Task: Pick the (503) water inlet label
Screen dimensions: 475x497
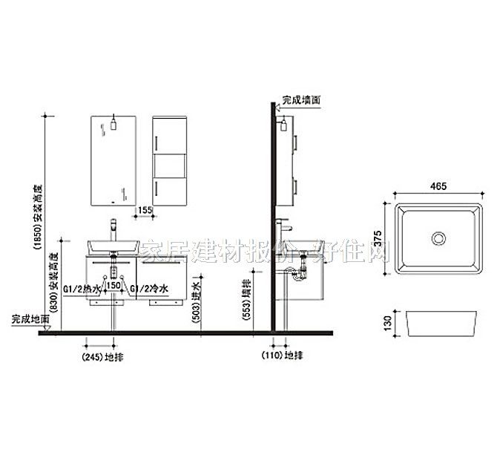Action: (x=196, y=300)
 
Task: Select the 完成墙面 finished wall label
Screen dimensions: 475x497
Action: (x=300, y=98)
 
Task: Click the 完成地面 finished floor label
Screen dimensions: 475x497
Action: (x=30, y=319)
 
